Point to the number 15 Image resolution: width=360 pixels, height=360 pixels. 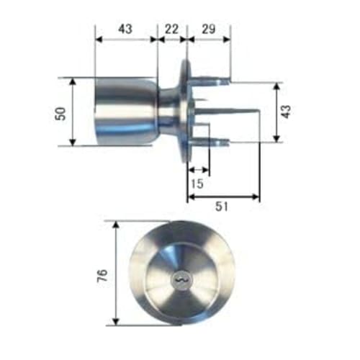click(197, 184)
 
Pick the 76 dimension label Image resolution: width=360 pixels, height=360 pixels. click(102, 274)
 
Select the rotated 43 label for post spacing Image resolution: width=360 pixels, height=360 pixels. click(286, 112)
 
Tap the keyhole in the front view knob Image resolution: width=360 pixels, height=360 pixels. click(179, 277)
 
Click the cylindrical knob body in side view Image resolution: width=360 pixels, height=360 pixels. click(122, 112)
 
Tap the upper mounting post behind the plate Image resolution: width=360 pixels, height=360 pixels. click(216, 81)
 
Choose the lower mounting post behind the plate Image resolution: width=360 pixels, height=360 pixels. click(216, 141)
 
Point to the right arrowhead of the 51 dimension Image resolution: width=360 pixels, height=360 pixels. click(256, 197)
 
